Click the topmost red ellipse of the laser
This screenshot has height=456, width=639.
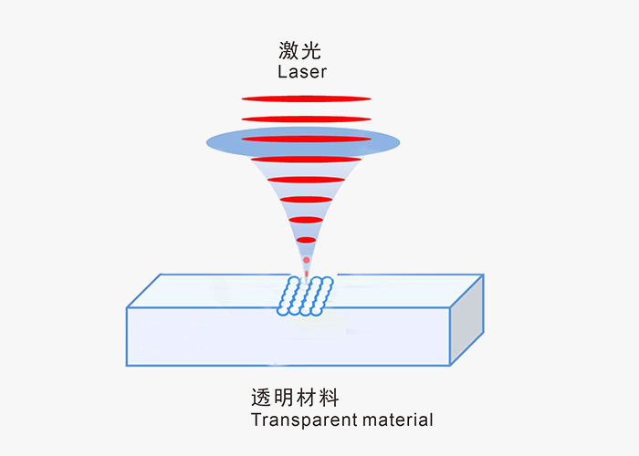tap(307, 98)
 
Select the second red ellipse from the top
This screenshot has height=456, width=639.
tap(307, 119)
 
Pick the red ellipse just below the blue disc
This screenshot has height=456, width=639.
tap(306, 160)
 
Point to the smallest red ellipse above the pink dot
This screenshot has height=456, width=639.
tap(306, 240)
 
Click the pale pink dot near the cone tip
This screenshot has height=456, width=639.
tap(307, 260)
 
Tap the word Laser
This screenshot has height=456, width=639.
tap(301, 71)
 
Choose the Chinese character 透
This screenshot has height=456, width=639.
tap(262, 398)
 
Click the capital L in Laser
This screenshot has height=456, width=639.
tap(280, 71)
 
